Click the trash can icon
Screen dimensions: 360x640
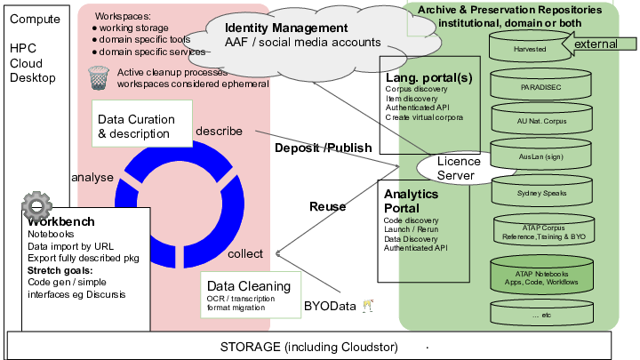[99, 77]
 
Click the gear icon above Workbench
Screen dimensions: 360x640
[36, 207]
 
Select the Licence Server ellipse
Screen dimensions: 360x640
[459, 167]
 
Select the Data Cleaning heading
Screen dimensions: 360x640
[249, 286]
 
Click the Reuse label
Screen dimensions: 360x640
[327, 206]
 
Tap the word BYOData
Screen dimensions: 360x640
[330, 307]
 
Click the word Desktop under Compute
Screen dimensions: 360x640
[32, 78]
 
